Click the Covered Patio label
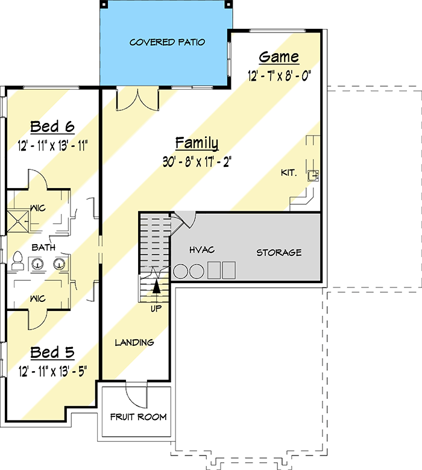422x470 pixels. click(168, 42)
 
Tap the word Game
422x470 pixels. click(279, 57)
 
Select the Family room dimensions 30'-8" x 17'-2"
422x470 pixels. click(197, 162)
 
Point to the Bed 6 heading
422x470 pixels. click(52, 127)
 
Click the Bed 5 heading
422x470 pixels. click(52, 352)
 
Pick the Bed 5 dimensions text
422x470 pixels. click(52, 371)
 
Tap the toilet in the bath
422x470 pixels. click(17, 261)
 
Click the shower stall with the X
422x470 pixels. click(17, 221)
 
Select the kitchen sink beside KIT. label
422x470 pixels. click(313, 175)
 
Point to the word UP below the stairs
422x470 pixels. click(156, 308)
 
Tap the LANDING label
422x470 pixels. click(134, 342)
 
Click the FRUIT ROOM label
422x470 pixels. click(138, 417)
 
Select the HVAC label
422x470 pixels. click(202, 249)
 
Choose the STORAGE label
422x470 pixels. click(279, 252)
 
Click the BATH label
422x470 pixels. click(43, 247)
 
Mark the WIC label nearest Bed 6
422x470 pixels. click(38, 208)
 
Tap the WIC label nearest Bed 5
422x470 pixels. click(38, 298)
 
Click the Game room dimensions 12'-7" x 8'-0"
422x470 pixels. click(279, 76)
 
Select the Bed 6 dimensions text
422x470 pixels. click(52, 146)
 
